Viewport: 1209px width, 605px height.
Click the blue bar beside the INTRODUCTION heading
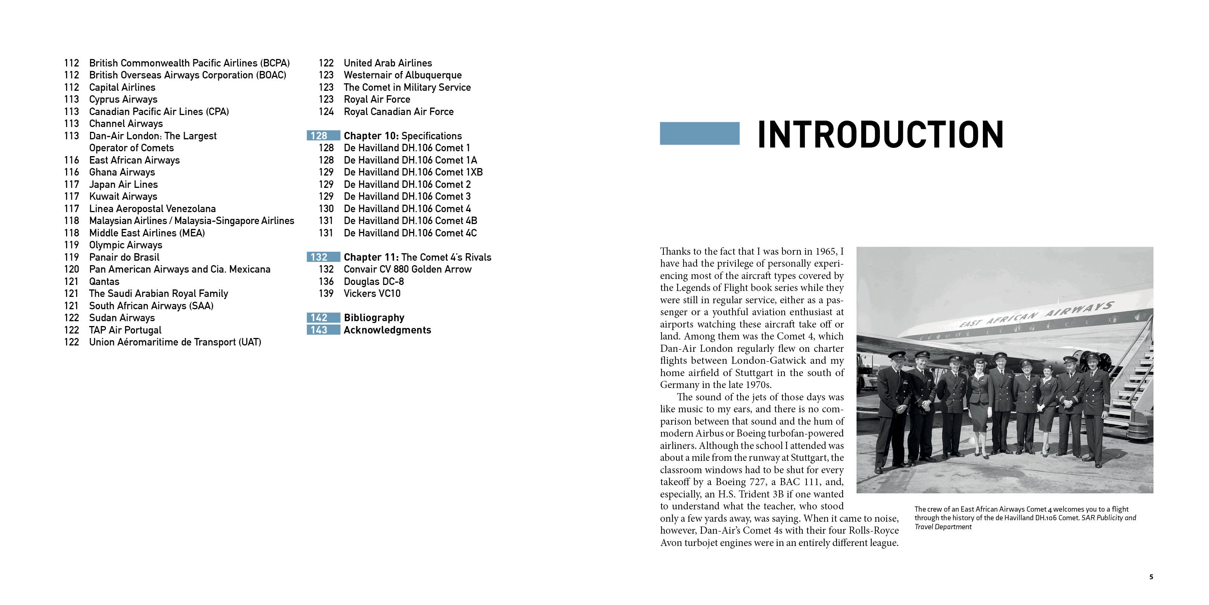point(699,133)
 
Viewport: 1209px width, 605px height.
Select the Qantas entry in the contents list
point(104,281)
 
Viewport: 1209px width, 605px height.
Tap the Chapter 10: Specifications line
point(402,136)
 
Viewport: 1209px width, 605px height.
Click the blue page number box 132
point(323,257)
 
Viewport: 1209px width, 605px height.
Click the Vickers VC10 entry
point(372,294)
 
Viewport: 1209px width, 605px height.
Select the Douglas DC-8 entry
point(374,281)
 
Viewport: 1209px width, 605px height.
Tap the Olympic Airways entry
point(125,245)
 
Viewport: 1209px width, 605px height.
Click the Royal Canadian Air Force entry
point(399,112)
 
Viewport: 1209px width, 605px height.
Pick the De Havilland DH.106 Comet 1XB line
point(413,173)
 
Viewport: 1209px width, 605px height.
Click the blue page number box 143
point(323,330)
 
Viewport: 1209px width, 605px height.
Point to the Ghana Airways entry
point(122,173)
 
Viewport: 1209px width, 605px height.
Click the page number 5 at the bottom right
point(1151,577)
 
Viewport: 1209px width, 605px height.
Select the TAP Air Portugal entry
point(125,330)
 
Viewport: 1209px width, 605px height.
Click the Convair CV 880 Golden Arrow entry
point(407,269)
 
